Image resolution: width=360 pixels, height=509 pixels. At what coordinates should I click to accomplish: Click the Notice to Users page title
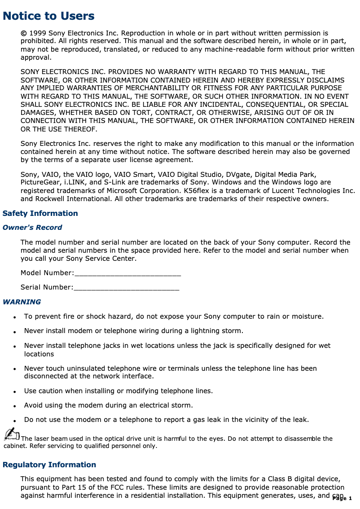[x=48, y=16]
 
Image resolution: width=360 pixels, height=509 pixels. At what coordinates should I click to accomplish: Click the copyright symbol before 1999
[x=23, y=33]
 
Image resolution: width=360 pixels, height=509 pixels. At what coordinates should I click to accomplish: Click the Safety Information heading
[x=40, y=213]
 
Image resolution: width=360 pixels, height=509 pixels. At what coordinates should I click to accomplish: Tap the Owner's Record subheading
[x=32, y=228]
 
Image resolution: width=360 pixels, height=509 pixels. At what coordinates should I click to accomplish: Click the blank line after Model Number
[x=127, y=273]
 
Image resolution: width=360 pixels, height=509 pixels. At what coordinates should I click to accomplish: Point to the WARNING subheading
[x=22, y=302]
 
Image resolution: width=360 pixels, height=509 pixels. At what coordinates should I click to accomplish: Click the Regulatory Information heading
[x=49, y=465]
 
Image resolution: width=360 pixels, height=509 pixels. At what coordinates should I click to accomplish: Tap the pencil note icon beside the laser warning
[x=12, y=434]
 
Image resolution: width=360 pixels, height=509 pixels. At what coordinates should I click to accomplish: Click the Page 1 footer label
[x=342, y=499]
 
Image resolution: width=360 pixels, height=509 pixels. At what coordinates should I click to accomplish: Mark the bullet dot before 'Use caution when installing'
[x=15, y=392]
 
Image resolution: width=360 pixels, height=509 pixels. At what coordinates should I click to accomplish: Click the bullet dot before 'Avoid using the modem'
[x=15, y=406]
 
